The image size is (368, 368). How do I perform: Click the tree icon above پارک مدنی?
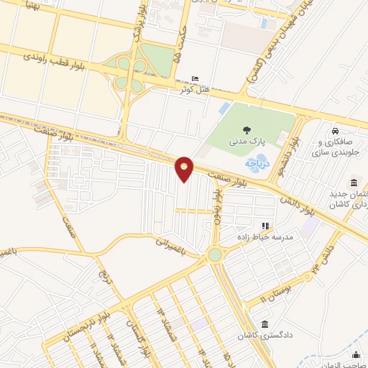tap(247, 131)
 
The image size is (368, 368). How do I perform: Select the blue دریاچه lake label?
tap(257, 163)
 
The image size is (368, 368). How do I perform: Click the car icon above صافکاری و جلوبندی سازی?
tap(336, 132)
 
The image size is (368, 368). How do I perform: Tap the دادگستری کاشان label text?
tap(267, 336)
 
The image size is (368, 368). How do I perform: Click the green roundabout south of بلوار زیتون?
tap(215, 254)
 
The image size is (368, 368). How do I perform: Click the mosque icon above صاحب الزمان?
tap(356, 354)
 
